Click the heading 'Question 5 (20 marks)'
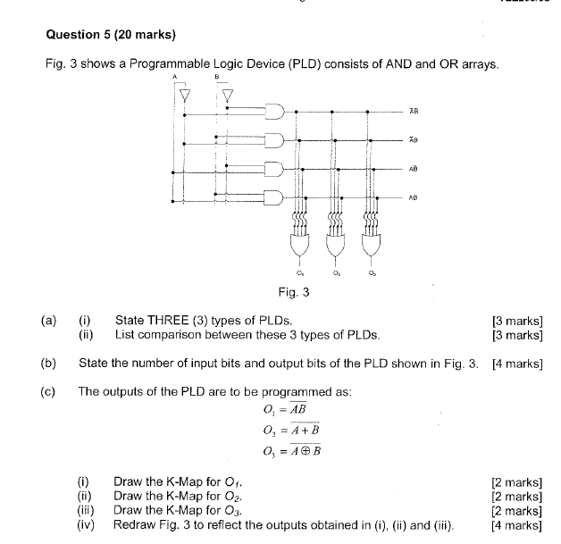click(x=110, y=35)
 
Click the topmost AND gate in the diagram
click(x=273, y=112)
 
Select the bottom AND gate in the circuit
click(x=273, y=196)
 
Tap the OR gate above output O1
click(x=297, y=243)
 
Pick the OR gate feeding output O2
click(x=334, y=243)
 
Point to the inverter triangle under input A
click(x=185, y=94)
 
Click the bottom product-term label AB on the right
click(x=413, y=197)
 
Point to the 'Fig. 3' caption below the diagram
click(x=294, y=291)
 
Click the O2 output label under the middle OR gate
click(x=334, y=273)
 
